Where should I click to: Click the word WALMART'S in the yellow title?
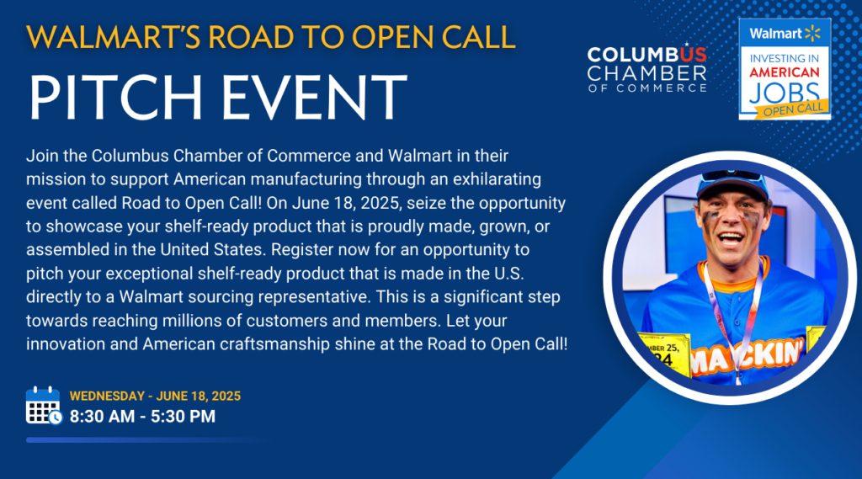113,37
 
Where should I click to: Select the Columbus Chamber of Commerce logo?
647,68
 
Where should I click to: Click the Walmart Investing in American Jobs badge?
785,69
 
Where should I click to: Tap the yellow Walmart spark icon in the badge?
812,33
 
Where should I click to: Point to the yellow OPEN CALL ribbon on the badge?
792,109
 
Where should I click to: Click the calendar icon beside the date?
44,406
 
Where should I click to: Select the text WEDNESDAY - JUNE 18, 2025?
155,396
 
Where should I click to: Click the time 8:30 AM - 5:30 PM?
142,417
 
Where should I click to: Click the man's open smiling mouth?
731,240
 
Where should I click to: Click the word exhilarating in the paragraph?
497,179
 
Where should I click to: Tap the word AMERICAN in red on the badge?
785,72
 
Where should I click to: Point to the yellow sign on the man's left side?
663,354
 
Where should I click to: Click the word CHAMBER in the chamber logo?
647,73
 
